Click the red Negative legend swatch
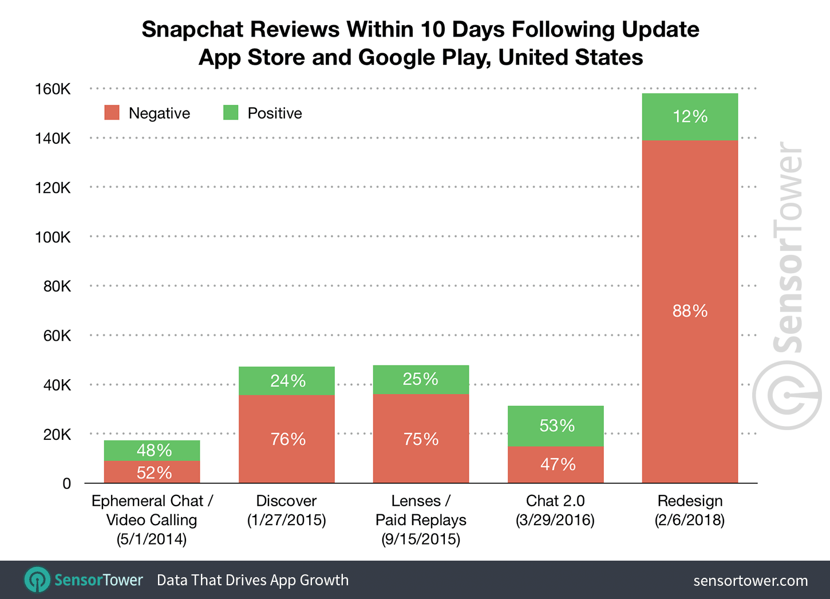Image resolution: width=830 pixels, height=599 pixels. point(112,113)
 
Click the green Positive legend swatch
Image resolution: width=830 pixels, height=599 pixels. point(231,113)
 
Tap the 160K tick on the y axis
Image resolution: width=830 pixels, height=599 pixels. point(53,89)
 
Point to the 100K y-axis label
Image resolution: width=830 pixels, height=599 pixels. point(53,237)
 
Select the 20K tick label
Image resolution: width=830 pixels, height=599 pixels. point(57,435)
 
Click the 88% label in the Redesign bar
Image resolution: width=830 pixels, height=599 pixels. point(690,311)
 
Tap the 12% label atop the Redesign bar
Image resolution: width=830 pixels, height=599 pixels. point(690,117)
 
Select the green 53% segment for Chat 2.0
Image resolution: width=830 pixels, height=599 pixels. point(556,425)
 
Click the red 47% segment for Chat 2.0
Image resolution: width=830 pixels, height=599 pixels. point(556,464)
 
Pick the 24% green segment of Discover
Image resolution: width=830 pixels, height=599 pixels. point(287,381)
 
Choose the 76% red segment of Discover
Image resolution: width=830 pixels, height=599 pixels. point(287,439)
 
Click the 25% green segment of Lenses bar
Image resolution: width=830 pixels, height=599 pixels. point(421,379)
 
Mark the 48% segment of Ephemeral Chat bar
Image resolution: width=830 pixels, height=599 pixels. point(152,450)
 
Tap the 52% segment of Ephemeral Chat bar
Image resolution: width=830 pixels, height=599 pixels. point(152,472)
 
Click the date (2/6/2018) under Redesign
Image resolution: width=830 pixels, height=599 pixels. point(690,520)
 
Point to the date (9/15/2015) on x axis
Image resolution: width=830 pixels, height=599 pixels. point(421,539)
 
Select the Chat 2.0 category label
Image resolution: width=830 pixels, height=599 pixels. point(555,501)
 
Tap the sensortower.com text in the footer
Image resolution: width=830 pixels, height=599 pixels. point(750,581)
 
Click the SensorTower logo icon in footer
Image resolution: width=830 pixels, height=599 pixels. point(38,580)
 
